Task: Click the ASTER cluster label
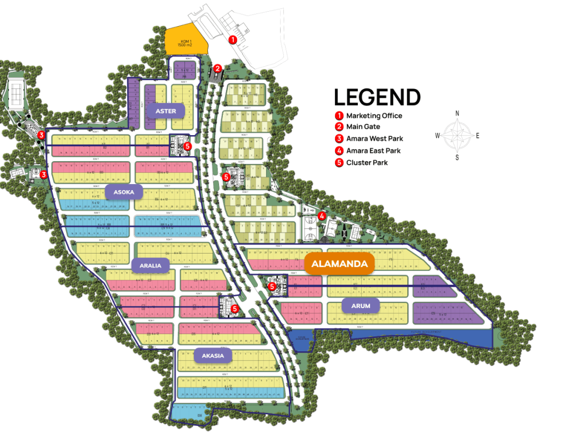tap(166, 111)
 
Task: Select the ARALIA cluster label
tap(150, 266)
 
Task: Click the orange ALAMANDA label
tap(340, 264)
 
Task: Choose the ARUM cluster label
tap(361, 305)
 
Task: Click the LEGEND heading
tap(377, 97)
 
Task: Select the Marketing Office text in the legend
tap(374, 116)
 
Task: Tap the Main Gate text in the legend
tap(363, 127)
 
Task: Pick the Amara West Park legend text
tap(375, 138)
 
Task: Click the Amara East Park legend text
tap(373, 151)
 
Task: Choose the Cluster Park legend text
tap(367, 162)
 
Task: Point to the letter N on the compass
tap(457, 113)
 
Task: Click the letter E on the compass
tap(478, 135)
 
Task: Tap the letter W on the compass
tap(437, 135)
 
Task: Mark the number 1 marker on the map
tap(233, 39)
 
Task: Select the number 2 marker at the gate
tap(218, 68)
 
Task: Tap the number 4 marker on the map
tap(322, 216)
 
